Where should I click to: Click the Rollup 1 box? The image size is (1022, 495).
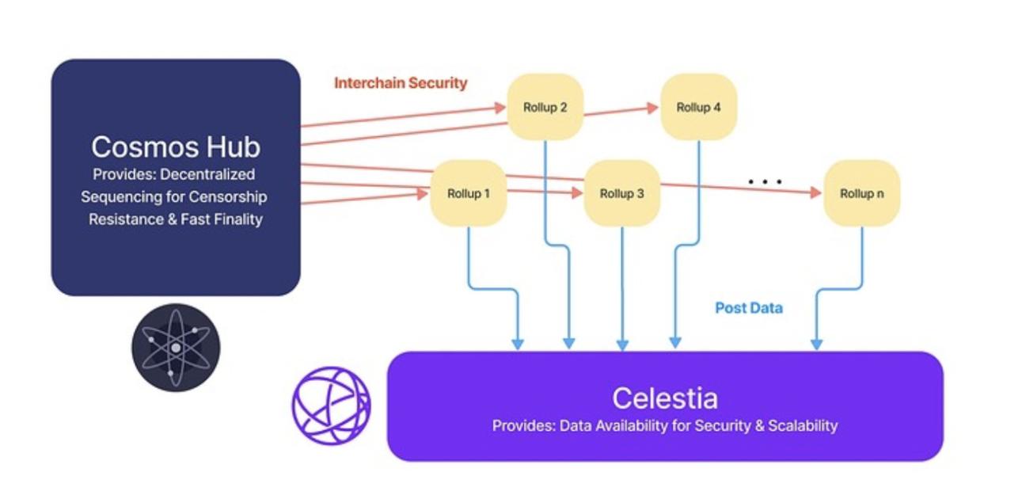pos(468,193)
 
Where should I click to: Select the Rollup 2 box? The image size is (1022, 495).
pos(545,107)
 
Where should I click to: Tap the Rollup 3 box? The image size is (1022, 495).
pos(621,193)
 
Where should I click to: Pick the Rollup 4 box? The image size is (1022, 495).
pos(698,107)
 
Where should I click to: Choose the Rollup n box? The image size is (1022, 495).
pos(861,193)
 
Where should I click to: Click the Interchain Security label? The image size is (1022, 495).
pos(401,83)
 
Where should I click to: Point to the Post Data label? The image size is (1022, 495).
pos(748,308)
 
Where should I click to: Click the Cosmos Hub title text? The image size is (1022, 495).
pos(175,147)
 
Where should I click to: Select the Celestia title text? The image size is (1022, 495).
pos(664,397)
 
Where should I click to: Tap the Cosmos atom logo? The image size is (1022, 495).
pos(175,348)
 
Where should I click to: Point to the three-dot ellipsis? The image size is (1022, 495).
pos(765,181)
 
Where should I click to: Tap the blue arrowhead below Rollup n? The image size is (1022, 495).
pos(816,345)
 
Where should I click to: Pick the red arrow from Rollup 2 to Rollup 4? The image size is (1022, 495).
pos(621,112)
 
